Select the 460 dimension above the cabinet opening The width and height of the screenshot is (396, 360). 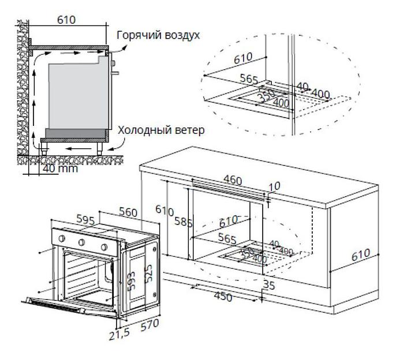click(232, 181)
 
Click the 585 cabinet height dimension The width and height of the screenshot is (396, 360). click(182, 222)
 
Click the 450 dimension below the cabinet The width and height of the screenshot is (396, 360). click(223, 297)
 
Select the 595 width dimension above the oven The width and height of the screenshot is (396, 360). click(84, 220)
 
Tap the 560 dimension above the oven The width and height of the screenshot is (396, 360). click(129, 212)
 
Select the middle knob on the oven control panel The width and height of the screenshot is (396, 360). click(82, 242)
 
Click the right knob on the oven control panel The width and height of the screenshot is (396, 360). click(104, 247)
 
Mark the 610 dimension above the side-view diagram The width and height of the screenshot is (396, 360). click(66, 20)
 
